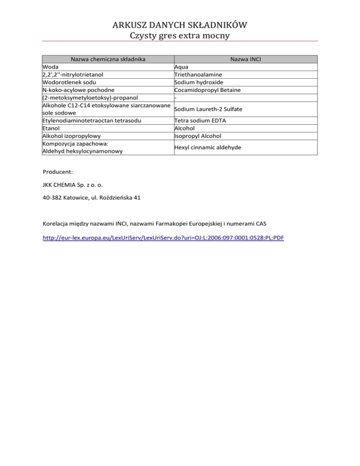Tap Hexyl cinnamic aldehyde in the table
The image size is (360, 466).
tap(207, 147)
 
